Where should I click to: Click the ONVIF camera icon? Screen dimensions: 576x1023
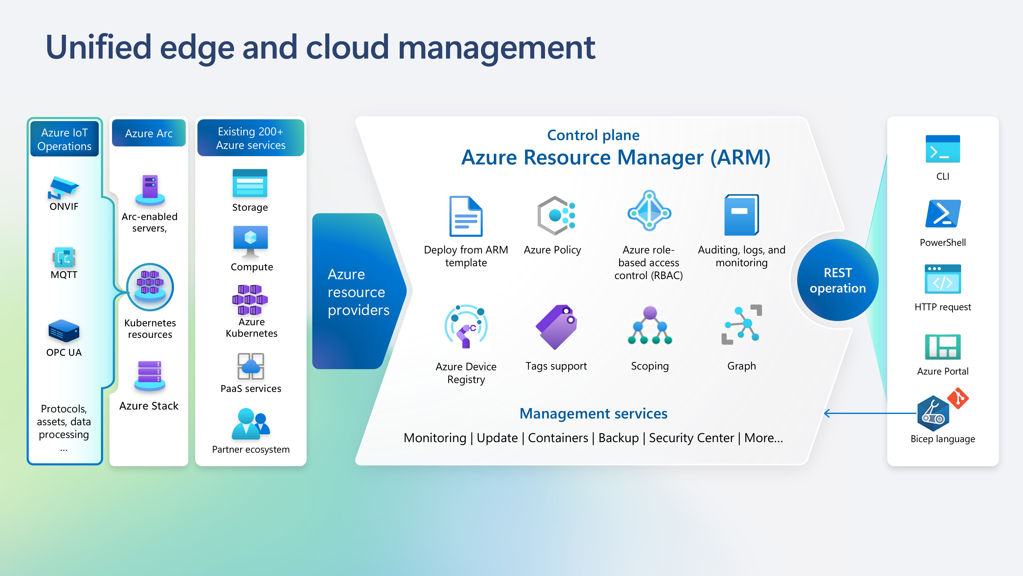63,187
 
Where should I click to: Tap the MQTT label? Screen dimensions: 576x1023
64,275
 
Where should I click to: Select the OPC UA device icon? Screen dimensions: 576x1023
63,331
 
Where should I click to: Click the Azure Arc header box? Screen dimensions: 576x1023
149,133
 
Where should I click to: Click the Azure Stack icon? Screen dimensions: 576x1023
149,376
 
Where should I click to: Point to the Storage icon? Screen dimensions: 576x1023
250,183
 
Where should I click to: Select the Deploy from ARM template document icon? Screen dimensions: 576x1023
466,216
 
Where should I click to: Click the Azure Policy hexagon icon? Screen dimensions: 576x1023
555,216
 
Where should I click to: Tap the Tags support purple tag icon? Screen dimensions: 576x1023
556,327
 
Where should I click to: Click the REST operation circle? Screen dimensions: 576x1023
838,280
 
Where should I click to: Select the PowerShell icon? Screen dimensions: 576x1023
943,214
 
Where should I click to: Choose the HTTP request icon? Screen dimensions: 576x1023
943,279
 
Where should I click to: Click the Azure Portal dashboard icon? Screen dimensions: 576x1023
943,347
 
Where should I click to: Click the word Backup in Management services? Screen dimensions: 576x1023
618,438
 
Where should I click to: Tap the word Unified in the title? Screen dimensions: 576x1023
98,47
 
